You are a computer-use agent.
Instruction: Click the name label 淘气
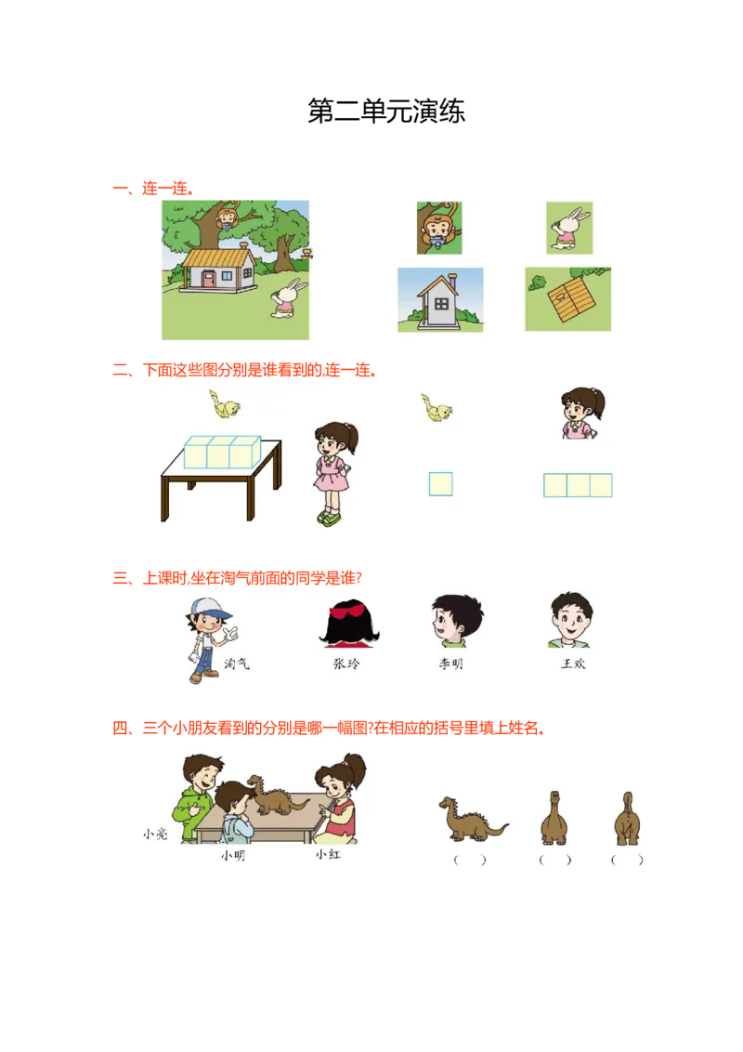coord(238,664)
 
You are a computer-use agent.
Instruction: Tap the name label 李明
coord(450,664)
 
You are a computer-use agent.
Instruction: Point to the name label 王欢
coord(573,664)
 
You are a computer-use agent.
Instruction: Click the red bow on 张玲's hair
coord(349,611)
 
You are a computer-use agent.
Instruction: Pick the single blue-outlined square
coord(440,484)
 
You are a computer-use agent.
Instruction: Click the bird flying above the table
coord(225,405)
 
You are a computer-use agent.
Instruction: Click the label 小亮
coord(155,834)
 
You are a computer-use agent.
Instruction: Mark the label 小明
coord(233,855)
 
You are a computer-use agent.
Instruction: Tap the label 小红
coord(328,854)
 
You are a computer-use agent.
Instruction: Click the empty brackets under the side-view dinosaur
coord(470,861)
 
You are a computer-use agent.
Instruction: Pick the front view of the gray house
coord(440,300)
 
